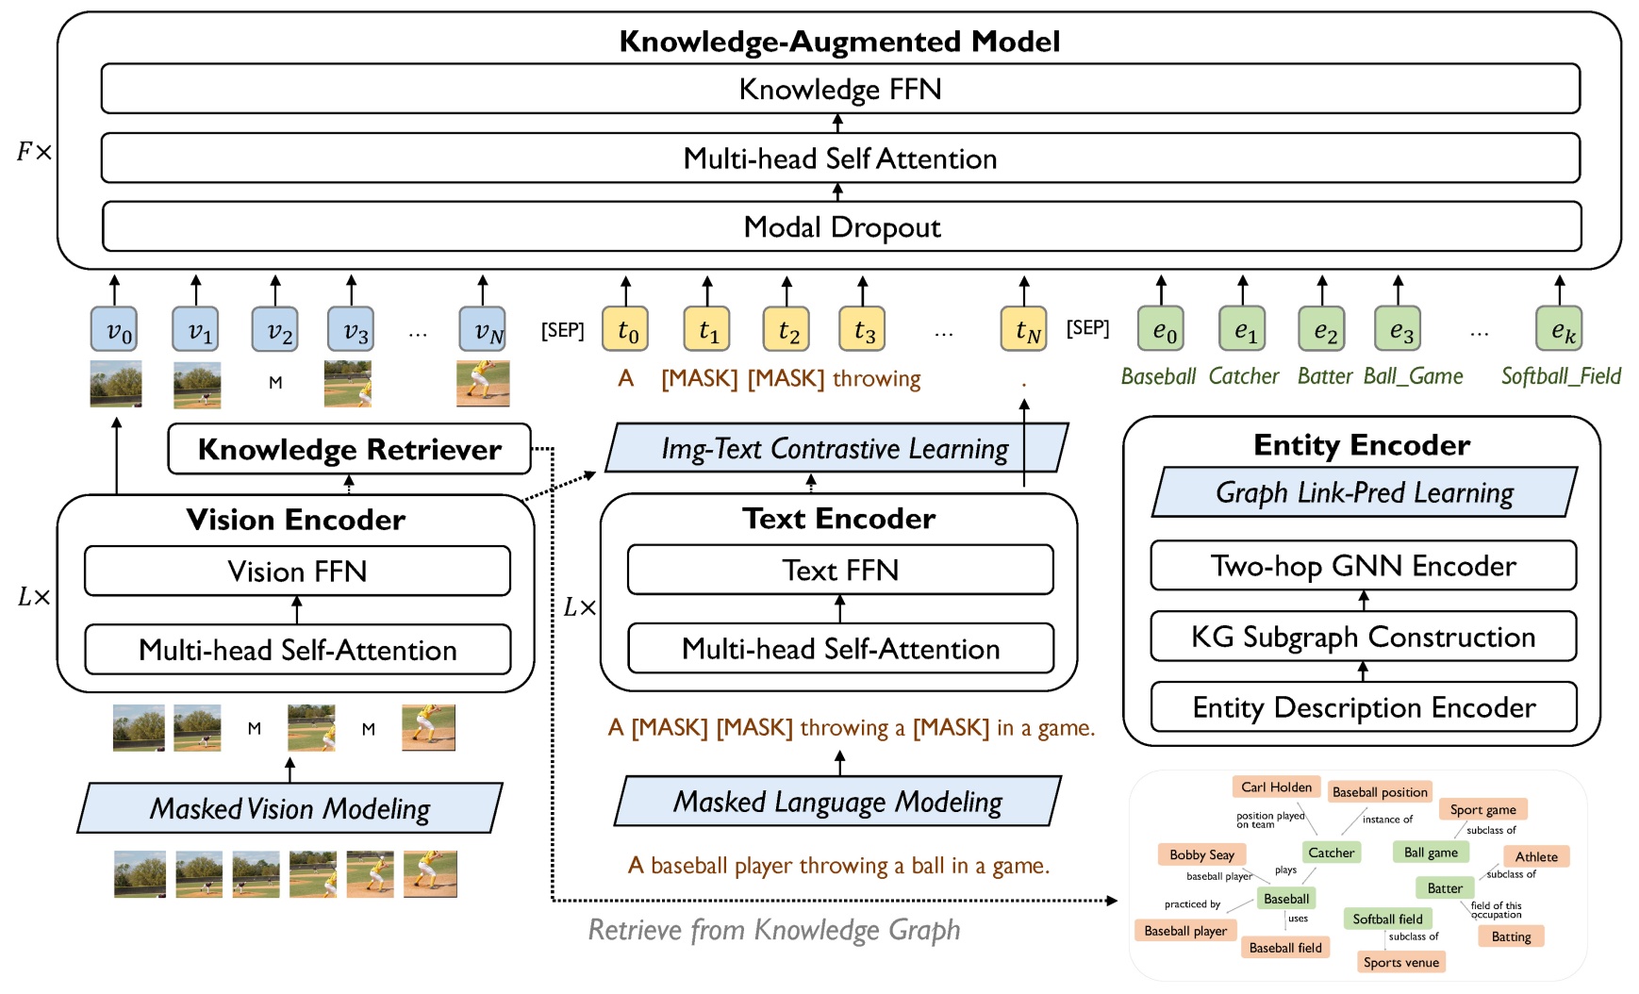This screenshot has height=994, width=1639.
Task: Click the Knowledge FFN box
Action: click(x=839, y=90)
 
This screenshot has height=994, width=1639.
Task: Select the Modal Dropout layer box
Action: click(x=841, y=227)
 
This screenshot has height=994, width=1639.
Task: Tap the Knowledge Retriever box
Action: click(x=349, y=450)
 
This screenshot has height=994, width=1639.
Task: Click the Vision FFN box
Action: click(x=297, y=572)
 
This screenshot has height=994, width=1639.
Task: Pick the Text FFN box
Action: click(x=839, y=571)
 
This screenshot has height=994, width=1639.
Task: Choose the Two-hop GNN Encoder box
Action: click(x=1363, y=566)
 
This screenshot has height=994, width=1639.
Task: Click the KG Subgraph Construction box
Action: click(x=1363, y=638)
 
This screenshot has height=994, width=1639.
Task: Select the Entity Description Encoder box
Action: click(x=1363, y=707)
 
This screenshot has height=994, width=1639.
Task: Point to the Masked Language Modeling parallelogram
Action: click(x=837, y=802)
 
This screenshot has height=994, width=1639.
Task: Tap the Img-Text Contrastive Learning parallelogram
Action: click(x=835, y=449)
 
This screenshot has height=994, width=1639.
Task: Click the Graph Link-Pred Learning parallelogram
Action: click(x=1364, y=492)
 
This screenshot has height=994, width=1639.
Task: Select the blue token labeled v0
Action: click(x=115, y=330)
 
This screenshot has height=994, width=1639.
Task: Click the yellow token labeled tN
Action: click(x=1024, y=329)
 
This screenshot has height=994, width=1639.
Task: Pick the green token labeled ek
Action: click(x=1559, y=330)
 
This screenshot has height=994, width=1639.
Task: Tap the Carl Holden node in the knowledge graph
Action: click(x=1276, y=787)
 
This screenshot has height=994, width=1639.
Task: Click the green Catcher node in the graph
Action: click(x=1331, y=853)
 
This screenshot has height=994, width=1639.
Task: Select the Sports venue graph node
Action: click(x=1400, y=962)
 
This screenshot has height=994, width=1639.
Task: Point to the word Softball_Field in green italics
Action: click(x=1561, y=376)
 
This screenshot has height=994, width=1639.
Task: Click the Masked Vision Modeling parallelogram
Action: click(x=290, y=808)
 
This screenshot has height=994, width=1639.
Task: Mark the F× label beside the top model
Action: click(x=34, y=152)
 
